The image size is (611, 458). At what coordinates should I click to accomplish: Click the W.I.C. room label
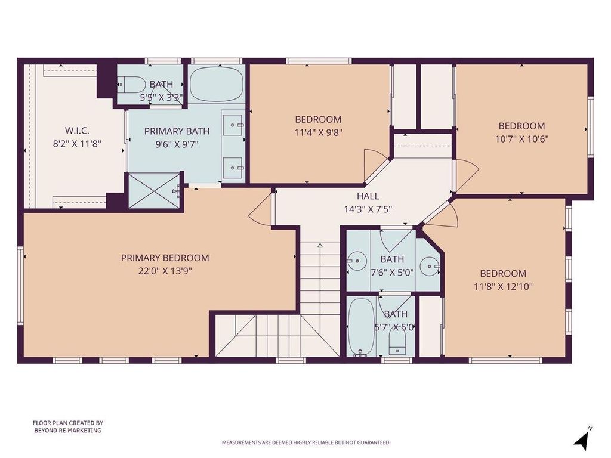pyautogui.click(x=77, y=130)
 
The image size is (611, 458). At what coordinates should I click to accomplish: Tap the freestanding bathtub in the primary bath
pyautogui.click(x=216, y=84)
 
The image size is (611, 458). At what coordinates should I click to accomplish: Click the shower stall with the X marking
pyautogui.click(x=155, y=190)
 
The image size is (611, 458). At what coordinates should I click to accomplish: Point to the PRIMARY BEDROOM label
pyautogui.click(x=165, y=258)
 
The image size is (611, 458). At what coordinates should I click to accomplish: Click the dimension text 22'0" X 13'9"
pyautogui.click(x=165, y=271)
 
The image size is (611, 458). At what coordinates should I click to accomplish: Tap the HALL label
pyautogui.click(x=368, y=196)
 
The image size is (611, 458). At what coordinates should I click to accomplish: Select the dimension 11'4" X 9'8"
pyautogui.click(x=318, y=132)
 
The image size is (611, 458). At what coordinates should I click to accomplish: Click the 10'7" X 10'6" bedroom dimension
pyautogui.click(x=521, y=139)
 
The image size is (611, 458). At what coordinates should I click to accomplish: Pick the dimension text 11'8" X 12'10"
pyautogui.click(x=503, y=287)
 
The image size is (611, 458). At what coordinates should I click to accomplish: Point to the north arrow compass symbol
pyautogui.click(x=583, y=438)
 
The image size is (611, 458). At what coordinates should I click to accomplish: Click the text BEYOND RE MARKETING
pyautogui.click(x=68, y=431)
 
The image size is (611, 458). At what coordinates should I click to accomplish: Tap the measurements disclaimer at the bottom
pyautogui.click(x=305, y=442)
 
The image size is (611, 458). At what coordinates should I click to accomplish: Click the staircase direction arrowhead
pyautogui.click(x=320, y=246)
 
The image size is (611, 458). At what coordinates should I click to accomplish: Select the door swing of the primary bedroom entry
pyautogui.click(x=258, y=208)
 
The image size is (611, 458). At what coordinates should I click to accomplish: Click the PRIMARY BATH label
pyautogui.click(x=177, y=131)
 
